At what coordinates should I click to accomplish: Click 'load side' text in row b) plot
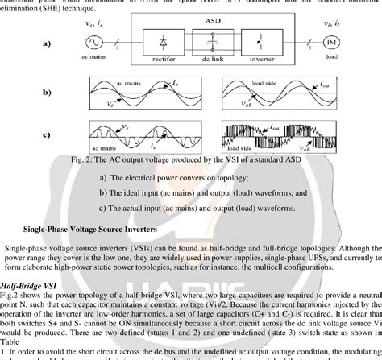281,83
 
